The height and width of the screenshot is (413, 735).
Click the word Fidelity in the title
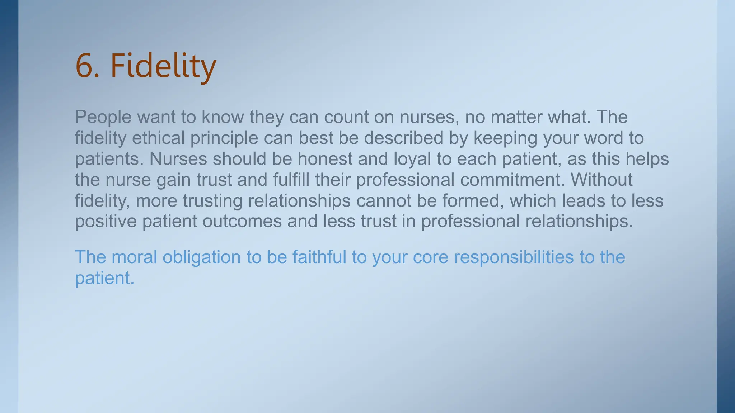163,66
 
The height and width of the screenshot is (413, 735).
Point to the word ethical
158,138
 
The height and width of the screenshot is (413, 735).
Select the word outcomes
242,221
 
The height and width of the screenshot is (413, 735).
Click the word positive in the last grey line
106,221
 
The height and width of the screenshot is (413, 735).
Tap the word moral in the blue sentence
134,257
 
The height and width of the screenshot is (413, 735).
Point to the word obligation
201,257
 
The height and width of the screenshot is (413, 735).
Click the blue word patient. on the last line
104,278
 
